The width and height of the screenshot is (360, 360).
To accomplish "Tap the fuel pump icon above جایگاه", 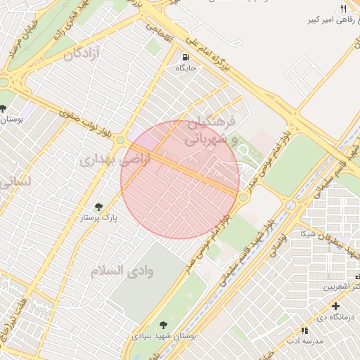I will [185, 58].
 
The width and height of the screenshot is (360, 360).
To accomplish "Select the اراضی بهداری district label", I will [105, 160].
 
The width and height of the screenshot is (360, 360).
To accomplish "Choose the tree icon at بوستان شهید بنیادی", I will [163, 325].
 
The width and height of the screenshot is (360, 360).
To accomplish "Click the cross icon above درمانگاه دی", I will [336, 306].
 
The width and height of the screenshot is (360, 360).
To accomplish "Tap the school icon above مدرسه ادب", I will [304, 330].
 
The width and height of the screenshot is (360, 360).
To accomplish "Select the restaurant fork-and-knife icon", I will [343, 8].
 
